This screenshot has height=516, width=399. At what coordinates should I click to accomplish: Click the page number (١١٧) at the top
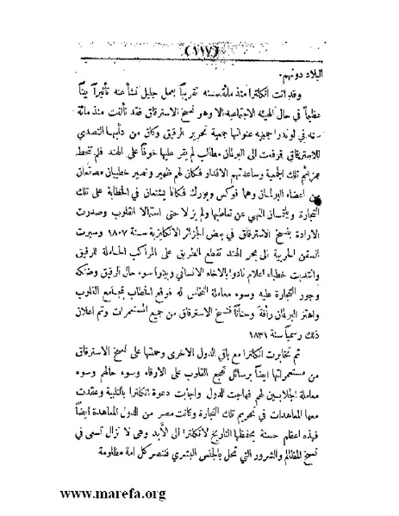(200, 49)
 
